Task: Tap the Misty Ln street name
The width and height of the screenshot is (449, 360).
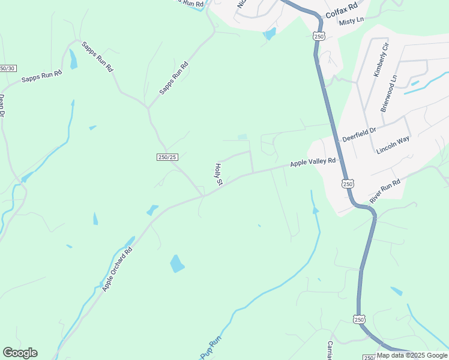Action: pyautogui.click(x=352, y=22)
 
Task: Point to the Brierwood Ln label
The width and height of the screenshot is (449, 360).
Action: pyautogui.click(x=388, y=93)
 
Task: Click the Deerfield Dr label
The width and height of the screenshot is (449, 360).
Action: pyautogui.click(x=359, y=134)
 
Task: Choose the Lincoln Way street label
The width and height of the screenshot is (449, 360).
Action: pyautogui.click(x=393, y=145)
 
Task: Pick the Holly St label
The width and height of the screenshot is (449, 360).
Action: pyautogui.click(x=219, y=173)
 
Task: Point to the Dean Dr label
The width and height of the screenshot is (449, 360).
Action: pyautogui.click(x=2, y=104)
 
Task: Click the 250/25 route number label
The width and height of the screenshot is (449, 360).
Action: pyautogui.click(x=167, y=157)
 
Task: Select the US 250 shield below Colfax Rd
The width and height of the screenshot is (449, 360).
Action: pyautogui.click(x=318, y=37)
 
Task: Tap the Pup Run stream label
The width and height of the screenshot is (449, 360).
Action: pyautogui.click(x=211, y=347)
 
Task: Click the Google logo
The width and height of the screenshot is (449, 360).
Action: pyautogui.click(x=20, y=353)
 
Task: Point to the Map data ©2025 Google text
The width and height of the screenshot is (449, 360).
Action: pyautogui.click(x=412, y=355)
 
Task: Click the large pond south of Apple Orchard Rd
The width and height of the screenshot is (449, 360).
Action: pyautogui.click(x=177, y=263)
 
